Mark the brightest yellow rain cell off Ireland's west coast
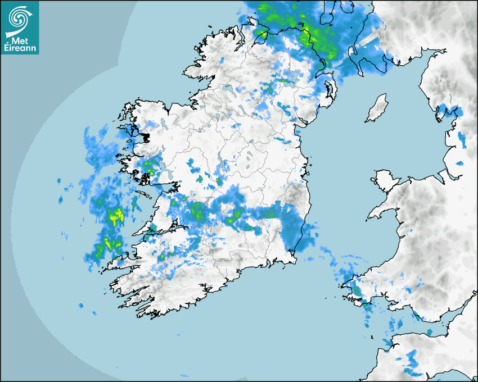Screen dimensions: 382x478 click(117, 215)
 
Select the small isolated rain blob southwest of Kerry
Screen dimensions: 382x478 click(80, 306)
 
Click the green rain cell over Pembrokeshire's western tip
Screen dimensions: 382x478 click(357, 291)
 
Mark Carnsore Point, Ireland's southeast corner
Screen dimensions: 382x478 click(296, 260)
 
